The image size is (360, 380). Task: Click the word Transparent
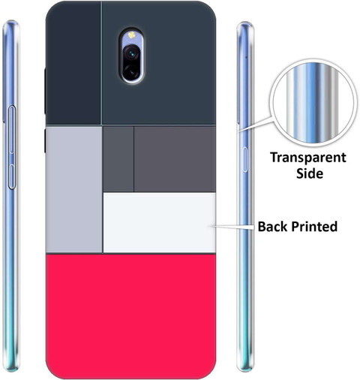click(x=308, y=158)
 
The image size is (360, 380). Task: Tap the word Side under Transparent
click(x=310, y=173)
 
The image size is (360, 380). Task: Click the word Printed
click(x=314, y=226)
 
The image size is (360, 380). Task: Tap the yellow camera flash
click(x=131, y=35)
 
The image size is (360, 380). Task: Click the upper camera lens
click(x=131, y=53)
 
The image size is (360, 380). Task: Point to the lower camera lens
click(x=131, y=72)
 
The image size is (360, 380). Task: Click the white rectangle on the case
click(x=160, y=222)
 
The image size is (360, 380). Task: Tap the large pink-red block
click(x=130, y=315)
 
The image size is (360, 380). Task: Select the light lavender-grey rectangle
click(x=74, y=189)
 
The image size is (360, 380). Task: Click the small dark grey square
click(x=118, y=159)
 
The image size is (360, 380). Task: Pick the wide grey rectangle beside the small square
click(x=175, y=159)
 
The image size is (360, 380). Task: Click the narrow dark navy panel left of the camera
click(x=73, y=62)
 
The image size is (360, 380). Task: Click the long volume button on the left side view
click(x=12, y=129)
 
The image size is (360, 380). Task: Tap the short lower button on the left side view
click(x=12, y=176)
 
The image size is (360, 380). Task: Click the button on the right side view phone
click(x=245, y=160)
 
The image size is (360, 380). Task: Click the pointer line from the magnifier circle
click(x=255, y=124)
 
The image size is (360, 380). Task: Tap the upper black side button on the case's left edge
click(x=45, y=91)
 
